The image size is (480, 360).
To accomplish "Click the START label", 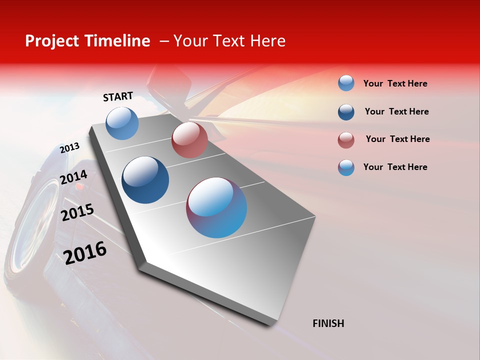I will click(x=118, y=96).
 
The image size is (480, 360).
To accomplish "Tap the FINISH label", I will click(x=328, y=323).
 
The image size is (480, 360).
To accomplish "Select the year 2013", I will click(x=69, y=148).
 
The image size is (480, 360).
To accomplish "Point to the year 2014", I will click(x=73, y=177).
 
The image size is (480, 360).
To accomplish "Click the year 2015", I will click(x=77, y=212).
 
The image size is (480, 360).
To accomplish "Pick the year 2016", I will click(x=85, y=252).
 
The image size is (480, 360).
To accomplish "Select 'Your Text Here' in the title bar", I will click(x=229, y=41).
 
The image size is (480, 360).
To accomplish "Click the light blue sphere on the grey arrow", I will click(x=122, y=123).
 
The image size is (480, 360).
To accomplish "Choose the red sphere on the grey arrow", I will click(x=189, y=140).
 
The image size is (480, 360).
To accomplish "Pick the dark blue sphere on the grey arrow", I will click(x=145, y=180).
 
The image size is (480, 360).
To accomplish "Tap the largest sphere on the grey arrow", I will click(x=216, y=207).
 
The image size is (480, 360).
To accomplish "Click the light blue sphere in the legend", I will click(x=346, y=83).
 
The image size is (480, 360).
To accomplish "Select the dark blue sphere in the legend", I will click(x=346, y=112).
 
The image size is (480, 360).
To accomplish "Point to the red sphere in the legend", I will click(x=346, y=140).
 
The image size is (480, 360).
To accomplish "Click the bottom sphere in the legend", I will click(x=346, y=167).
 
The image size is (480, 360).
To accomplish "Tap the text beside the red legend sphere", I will click(x=397, y=139).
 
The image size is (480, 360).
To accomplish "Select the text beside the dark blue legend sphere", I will click(x=396, y=111).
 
